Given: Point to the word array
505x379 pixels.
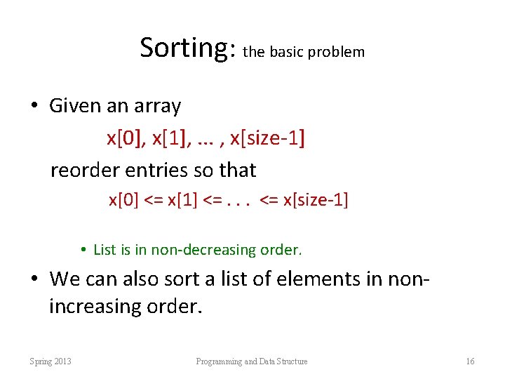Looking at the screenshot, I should coord(159,107).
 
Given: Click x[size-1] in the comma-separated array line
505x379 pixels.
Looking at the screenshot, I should coord(267,138).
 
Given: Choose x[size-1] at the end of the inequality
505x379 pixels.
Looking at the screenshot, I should coord(315,200).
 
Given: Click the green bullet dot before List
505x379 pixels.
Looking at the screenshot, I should coord(83,249).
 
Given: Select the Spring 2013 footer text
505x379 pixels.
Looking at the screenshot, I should coord(50,361).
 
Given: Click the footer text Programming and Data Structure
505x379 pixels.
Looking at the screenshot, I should coord(252,361).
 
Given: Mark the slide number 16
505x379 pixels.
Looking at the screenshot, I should coord(470,361).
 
